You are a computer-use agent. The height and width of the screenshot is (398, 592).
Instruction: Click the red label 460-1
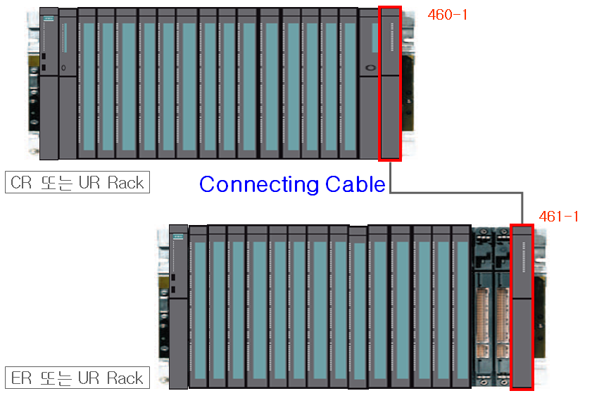[x=447, y=14]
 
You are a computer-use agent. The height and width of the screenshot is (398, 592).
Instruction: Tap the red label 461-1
[x=558, y=217]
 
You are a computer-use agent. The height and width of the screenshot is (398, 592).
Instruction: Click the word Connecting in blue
[x=259, y=184]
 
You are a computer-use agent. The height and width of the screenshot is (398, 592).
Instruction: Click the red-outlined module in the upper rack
[x=389, y=83]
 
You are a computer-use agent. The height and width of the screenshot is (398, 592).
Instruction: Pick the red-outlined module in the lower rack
[x=522, y=306]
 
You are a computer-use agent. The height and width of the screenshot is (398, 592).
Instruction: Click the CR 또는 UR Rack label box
[x=77, y=183]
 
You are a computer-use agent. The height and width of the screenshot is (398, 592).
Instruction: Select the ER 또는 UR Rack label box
[x=77, y=378]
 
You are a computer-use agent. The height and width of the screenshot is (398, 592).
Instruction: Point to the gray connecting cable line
[x=458, y=192]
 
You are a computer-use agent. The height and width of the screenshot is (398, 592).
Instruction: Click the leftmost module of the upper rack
[x=49, y=83]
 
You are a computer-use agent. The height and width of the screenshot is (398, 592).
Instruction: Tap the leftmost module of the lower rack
[x=179, y=306]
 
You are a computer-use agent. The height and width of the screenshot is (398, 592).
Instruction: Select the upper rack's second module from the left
[x=67, y=83]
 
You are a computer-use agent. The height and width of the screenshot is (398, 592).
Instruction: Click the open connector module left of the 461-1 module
[x=501, y=306]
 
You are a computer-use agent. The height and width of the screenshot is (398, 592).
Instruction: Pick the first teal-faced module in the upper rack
[x=87, y=83]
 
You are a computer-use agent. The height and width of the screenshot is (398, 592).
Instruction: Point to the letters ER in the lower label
[x=23, y=378]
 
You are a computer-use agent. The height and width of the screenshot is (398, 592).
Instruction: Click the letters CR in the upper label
[x=23, y=183]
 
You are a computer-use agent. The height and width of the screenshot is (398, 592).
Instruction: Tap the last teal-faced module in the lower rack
[x=460, y=306]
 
